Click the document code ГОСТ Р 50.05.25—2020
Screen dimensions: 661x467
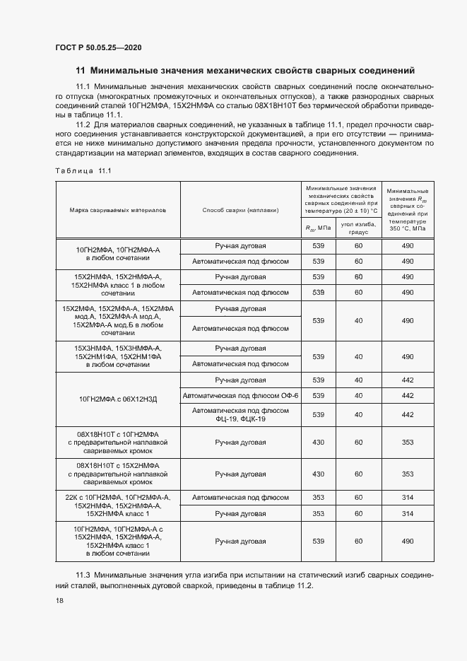99,47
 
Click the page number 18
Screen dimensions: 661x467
59,599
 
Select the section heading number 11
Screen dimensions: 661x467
80,71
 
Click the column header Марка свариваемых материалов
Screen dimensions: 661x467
117,210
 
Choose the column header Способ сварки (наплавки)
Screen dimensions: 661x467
241,210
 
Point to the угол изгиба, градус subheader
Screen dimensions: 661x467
358,227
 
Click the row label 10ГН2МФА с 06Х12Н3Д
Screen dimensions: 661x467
117,399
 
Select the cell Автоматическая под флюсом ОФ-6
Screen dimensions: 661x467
241,395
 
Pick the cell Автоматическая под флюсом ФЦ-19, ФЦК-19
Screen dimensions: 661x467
241,414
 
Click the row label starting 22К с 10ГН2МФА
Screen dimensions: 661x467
117,505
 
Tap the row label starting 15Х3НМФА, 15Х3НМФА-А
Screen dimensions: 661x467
117,356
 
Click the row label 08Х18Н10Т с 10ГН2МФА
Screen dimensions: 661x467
117,442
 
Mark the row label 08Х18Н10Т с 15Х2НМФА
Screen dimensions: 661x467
117,474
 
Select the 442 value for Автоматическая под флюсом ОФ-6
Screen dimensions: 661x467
407,395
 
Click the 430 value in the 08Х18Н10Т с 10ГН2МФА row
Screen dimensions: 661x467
318,442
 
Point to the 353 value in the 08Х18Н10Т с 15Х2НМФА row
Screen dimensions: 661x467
407,474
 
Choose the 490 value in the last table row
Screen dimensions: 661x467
407,541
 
